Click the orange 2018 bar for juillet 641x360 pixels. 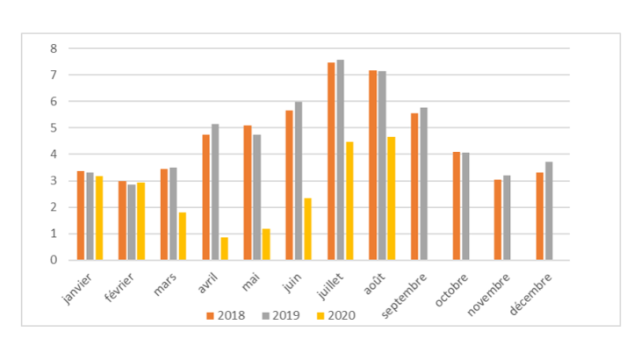coord(331,162)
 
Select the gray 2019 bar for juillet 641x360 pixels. coord(340,160)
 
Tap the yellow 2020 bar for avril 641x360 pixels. coord(224,248)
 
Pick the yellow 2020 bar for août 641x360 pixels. coord(391,198)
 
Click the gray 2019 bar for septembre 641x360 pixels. coord(424,184)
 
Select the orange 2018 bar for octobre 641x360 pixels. coord(457,206)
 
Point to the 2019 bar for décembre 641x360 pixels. coord(549,211)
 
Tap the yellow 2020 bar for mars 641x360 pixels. coord(182,236)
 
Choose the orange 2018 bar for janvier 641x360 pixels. coord(81,216)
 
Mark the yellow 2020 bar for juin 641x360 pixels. coord(307,229)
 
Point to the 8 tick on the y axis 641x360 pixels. coord(54,48)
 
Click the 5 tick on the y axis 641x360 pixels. coord(54,128)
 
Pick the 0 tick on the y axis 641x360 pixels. coord(54,261)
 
